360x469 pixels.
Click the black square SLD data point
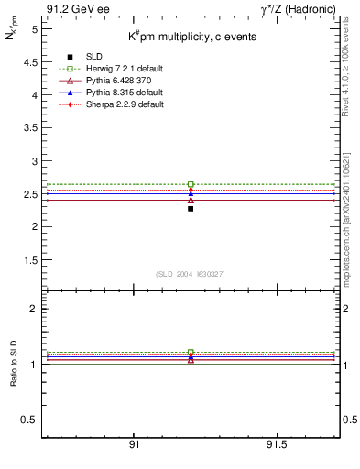tap(191, 209)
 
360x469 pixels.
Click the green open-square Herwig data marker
tap(191, 184)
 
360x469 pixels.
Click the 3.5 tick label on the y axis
tap(29, 128)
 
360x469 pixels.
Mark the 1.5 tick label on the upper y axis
tap(29, 260)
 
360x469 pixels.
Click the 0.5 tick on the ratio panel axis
tap(29, 420)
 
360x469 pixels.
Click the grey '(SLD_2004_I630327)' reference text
tap(191, 274)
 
